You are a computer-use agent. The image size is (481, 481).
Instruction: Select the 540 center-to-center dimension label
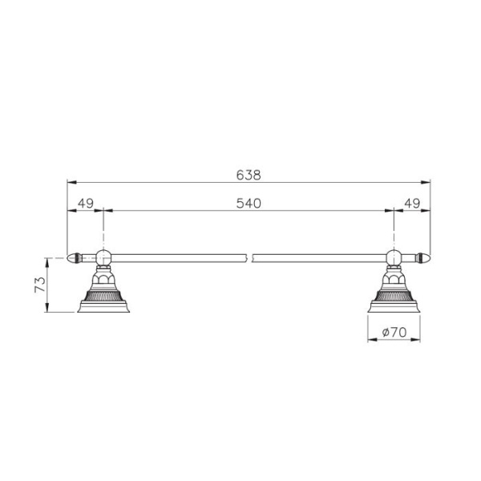point(249,204)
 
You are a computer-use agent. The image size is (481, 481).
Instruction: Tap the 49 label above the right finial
point(412,204)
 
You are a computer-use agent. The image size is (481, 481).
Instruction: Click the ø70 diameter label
point(396,331)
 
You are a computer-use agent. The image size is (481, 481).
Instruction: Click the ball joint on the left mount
point(103,258)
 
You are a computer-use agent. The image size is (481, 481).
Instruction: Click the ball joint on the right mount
point(394,258)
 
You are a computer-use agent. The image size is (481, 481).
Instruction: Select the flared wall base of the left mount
point(103,303)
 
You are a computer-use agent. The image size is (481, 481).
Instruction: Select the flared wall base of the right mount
point(394,303)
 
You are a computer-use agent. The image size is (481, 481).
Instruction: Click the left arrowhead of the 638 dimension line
point(69,182)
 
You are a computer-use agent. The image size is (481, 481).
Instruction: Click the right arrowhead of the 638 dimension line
point(428,182)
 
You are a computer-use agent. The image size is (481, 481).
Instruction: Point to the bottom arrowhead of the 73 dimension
point(50,309)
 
